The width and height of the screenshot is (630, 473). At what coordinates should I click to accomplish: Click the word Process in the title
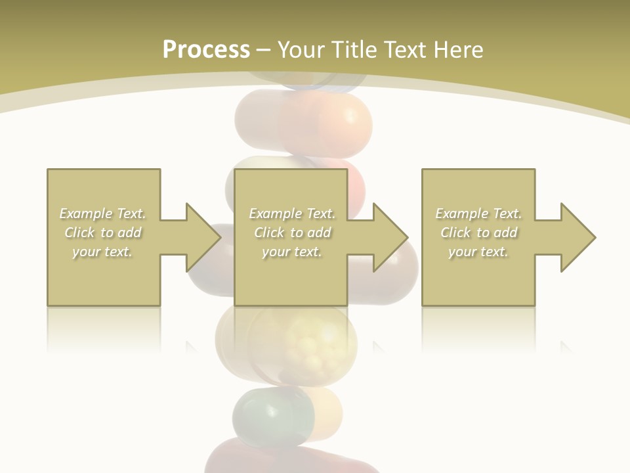[x=206, y=50]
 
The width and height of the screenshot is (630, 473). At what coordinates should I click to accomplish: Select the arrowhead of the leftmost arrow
[x=203, y=237]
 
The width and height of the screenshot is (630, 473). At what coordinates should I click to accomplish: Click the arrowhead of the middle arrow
[x=390, y=237]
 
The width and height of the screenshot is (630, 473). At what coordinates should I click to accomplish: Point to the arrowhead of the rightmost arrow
[x=577, y=237]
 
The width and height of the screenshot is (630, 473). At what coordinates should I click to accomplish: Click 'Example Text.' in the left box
[x=103, y=214]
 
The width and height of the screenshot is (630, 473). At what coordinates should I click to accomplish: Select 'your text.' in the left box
[x=102, y=252]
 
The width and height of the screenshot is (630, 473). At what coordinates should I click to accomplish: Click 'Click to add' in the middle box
[x=292, y=233]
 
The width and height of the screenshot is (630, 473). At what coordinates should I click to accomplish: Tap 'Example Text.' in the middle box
[x=292, y=214]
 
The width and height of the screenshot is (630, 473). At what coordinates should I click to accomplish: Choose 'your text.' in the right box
[x=478, y=252]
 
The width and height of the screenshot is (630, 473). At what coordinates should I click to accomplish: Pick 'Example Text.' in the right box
[x=478, y=214]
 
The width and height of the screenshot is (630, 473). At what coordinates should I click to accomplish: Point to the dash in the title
[x=264, y=51]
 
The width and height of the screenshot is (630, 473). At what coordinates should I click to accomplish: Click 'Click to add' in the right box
[x=478, y=233]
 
